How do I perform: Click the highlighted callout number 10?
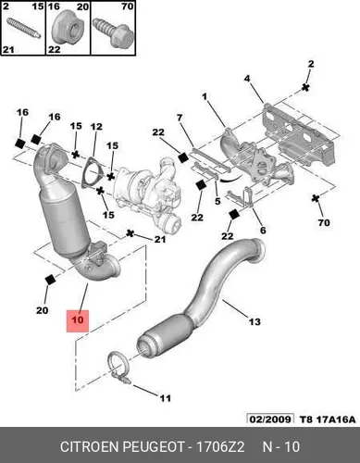[78, 319]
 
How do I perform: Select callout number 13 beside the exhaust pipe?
[254, 321]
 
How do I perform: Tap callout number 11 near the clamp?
[165, 398]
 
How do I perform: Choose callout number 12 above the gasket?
[96, 127]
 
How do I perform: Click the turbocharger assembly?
[146, 193]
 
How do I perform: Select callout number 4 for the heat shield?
[247, 79]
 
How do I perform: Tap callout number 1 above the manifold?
[205, 97]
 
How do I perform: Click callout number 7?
[180, 118]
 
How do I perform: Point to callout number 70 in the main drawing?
[324, 222]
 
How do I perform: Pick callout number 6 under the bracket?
[263, 230]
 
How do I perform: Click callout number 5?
[217, 201]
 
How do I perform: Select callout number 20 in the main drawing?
[42, 310]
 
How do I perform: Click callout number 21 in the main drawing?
[160, 239]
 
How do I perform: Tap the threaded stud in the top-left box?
[23, 29]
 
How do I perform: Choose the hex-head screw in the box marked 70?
[113, 32]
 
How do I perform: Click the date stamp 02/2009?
[270, 419]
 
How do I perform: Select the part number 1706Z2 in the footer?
[220, 446]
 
